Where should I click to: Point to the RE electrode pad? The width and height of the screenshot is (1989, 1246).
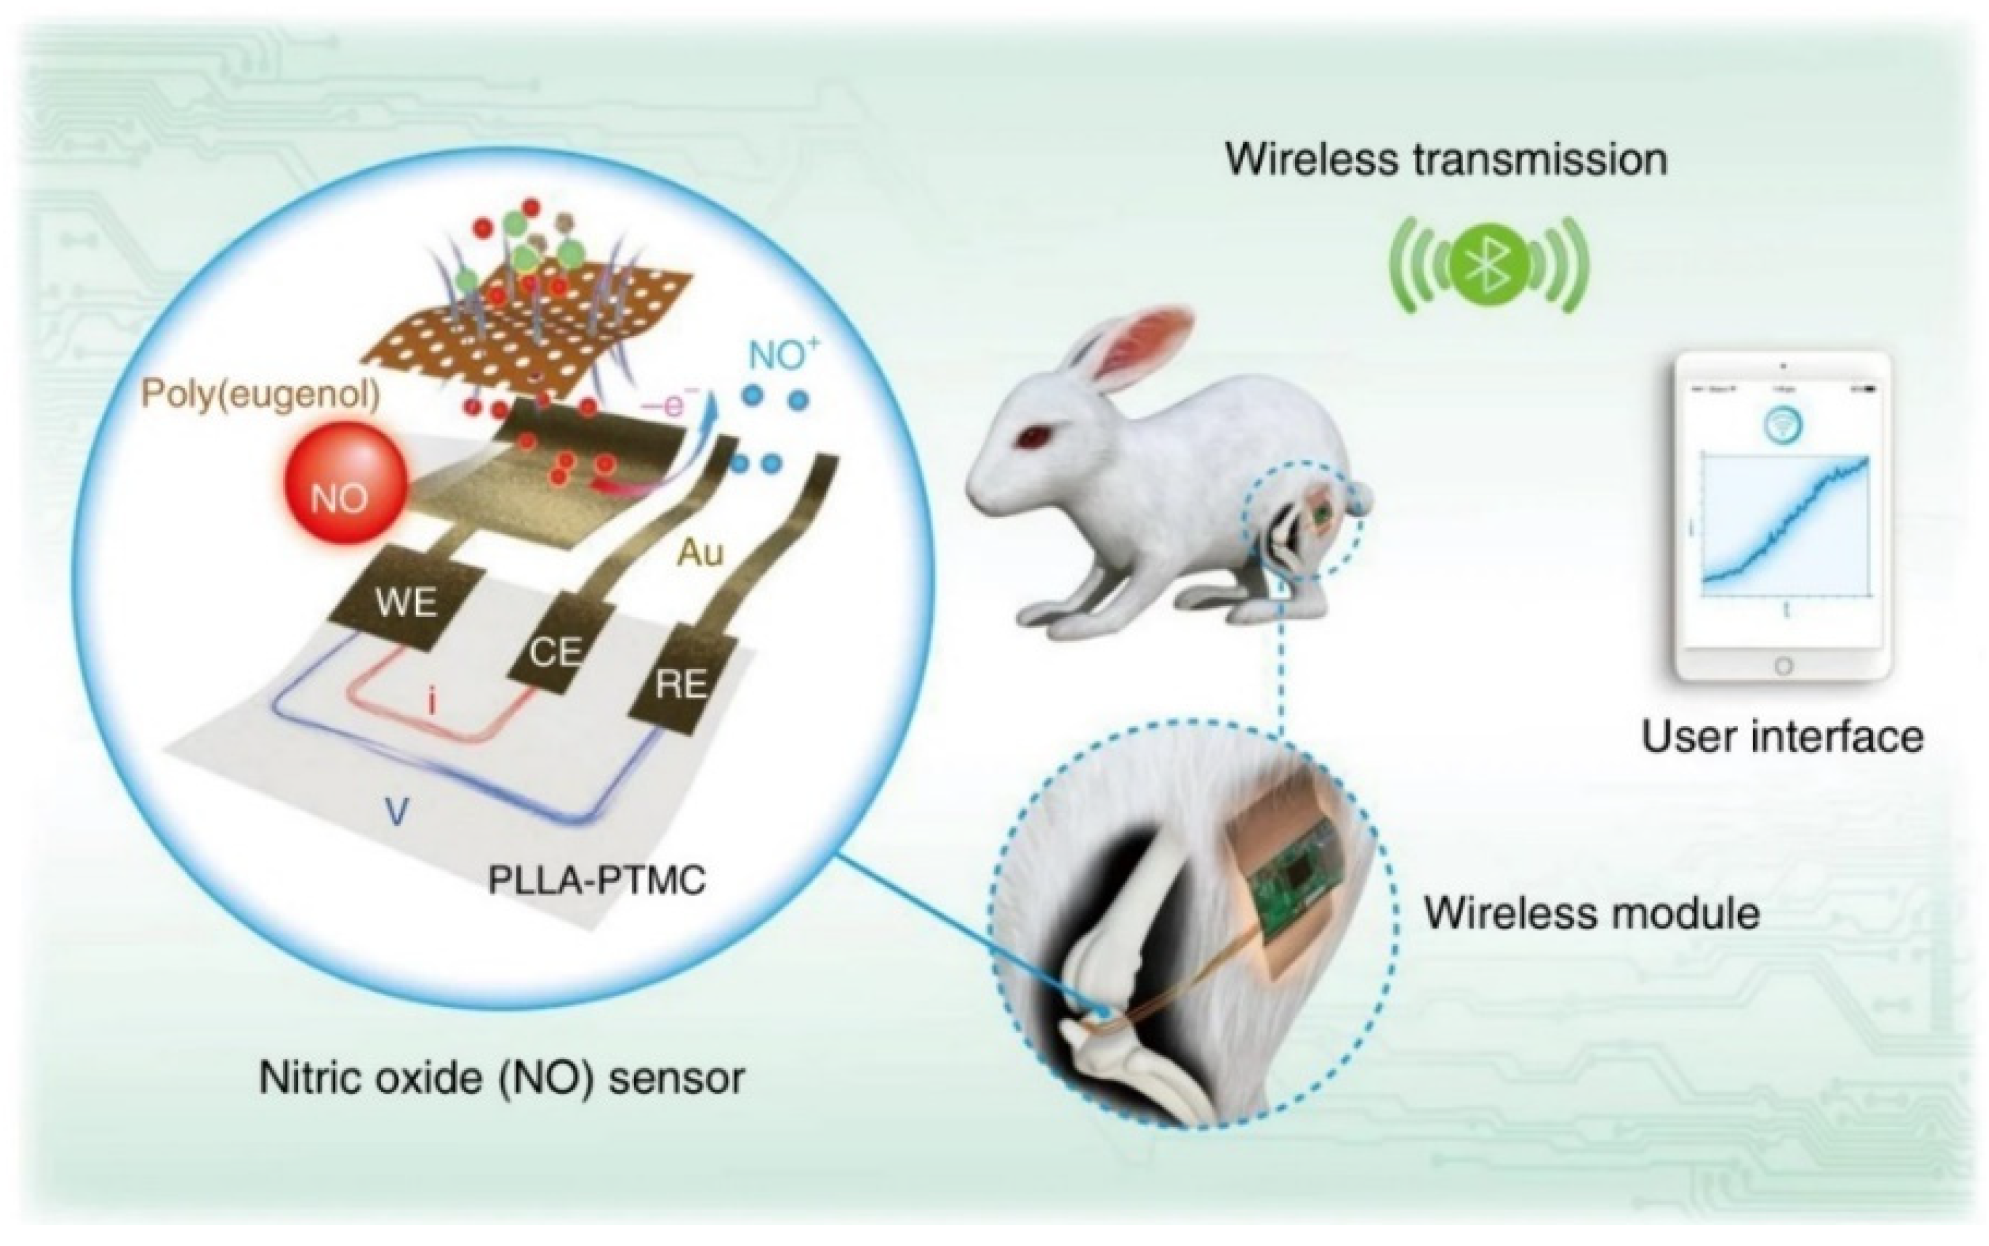pyautogui.click(x=680, y=684)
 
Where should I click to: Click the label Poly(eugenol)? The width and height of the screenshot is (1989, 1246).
pyautogui.click(x=261, y=396)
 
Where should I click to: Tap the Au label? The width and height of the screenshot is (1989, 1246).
pyautogui.click(x=700, y=552)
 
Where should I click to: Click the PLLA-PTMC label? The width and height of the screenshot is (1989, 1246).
pyautogui.click(x=597, y=880)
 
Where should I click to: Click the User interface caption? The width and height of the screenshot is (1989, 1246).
pyautogui.click(x=1782, y=736)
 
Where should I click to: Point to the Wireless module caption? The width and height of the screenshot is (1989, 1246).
pyautogui.click(x=1592, y=913)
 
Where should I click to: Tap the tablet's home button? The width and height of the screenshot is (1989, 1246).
pyautogui.click(x=1783, y=666)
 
